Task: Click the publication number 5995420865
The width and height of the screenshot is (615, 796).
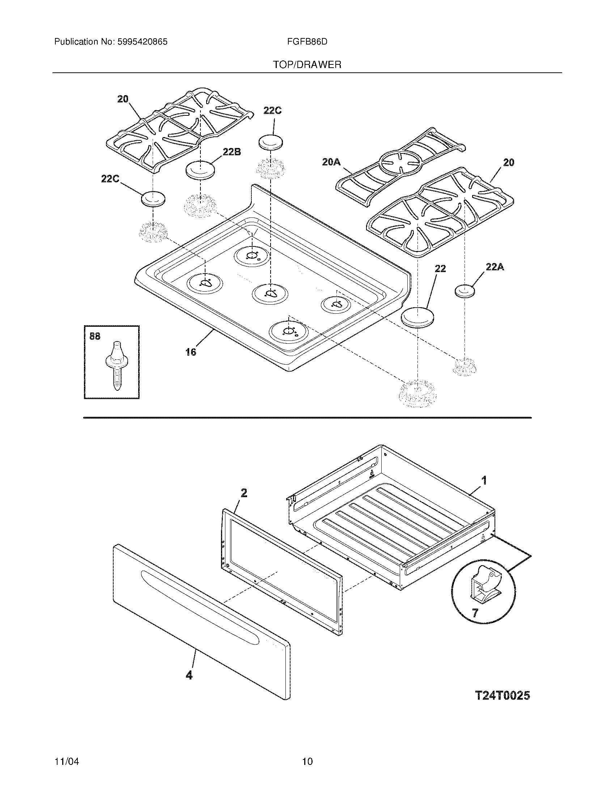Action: point(142,42)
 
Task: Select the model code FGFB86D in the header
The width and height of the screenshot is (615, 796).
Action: point(307,42)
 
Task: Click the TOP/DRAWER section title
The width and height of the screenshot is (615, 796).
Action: point(307,65)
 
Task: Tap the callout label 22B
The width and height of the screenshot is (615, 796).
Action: point(232,152)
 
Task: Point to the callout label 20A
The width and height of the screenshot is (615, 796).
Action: point(331,162)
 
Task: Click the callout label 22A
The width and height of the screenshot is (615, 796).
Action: point(495,267)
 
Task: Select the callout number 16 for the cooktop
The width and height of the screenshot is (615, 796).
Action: point(191,352)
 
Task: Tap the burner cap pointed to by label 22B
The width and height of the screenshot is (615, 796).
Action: point(200,170)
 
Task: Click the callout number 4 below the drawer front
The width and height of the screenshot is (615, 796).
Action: point(189,676)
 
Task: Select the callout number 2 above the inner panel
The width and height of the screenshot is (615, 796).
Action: point(244,493)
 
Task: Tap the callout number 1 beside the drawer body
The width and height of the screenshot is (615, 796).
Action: point(484,481)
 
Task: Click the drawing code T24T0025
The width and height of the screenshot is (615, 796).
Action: point(502,696)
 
